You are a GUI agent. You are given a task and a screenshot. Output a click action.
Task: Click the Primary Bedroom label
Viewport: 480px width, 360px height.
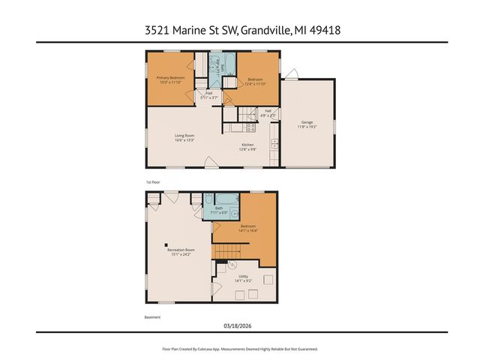[171, 79]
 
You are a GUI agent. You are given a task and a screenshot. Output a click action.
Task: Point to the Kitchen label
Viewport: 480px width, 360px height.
[247, 146]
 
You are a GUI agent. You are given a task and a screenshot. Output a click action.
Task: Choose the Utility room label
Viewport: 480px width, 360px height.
[243, 278]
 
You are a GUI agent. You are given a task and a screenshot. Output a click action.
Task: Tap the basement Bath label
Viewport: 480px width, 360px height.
[219, 211]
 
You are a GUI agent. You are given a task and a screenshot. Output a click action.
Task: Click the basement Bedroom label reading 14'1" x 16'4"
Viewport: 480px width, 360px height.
[247, 228]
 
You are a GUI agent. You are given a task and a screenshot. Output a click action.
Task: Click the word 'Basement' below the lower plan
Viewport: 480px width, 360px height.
[153, 317]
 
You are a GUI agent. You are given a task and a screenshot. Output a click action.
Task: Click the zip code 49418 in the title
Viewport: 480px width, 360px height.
[327, 31]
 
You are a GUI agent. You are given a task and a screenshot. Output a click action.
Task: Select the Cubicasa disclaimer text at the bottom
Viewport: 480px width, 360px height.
[239, 349]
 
